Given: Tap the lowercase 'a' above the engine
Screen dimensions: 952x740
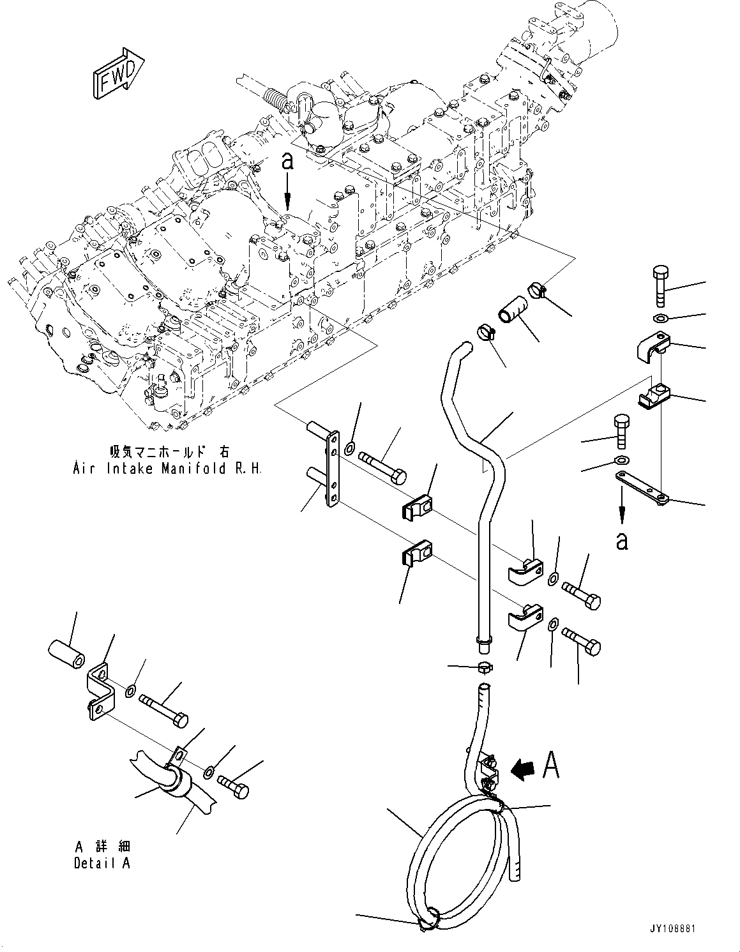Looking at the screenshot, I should pyautogui.click(x=288, y=161).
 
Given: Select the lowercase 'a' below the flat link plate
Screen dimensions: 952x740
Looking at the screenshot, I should pyautogui.click(x=622, y=540).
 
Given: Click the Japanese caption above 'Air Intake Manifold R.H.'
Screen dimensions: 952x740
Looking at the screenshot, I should pyautogui.click(x=169, y=452).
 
